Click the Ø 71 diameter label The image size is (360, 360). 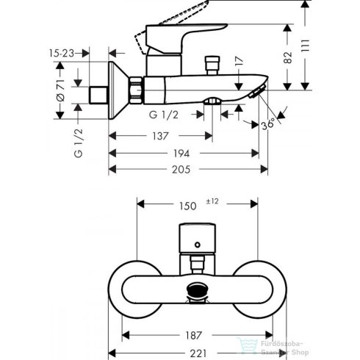click(x=60, y=93)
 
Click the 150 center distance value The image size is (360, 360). click(x=189, y=206)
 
